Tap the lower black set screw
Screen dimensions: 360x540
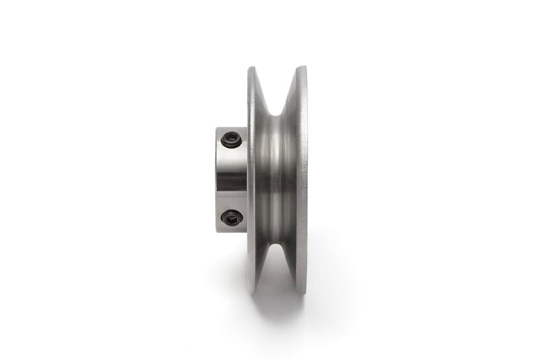tap(232, 217)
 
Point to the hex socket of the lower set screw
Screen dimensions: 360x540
tap(232, 217)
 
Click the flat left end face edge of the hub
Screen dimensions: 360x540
tap(217, 180)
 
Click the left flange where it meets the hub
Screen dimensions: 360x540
tap(248, 180)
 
